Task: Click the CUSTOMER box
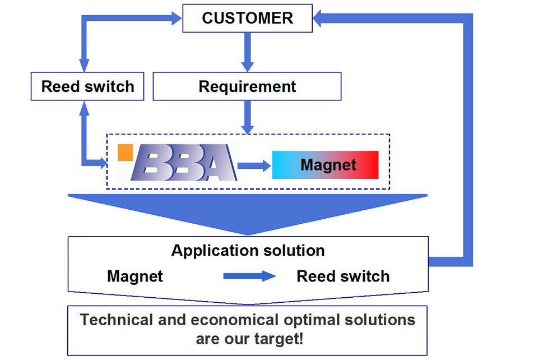(248, 18)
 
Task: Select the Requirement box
(247, 87)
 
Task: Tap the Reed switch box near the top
(87, 87)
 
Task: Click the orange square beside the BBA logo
(125, 153)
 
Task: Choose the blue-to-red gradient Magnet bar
(325, 165)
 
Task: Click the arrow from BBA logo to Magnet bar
(253, 165)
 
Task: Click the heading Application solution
(248, 251)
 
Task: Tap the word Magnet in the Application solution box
(135, 276)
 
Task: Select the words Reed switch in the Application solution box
(343, 276)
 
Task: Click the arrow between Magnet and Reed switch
(249, 276)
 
